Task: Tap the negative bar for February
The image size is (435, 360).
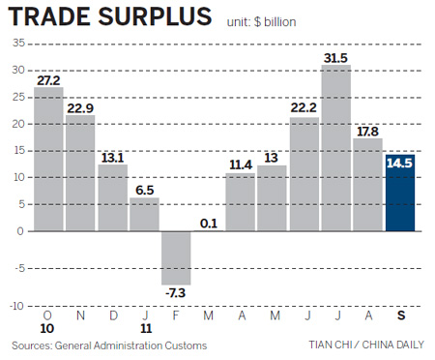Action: tap(177, 257)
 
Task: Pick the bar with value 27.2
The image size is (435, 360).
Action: tap(49, 160)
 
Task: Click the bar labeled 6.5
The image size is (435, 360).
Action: tap(145, 215)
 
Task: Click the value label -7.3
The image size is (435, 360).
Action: tap(177, 292)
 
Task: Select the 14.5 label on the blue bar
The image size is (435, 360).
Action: tap(400, 165)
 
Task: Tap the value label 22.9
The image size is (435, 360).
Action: tap(81, 107)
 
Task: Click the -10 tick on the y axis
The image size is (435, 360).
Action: tap(16, 306)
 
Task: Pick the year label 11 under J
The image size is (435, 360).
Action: tap(145, 329)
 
